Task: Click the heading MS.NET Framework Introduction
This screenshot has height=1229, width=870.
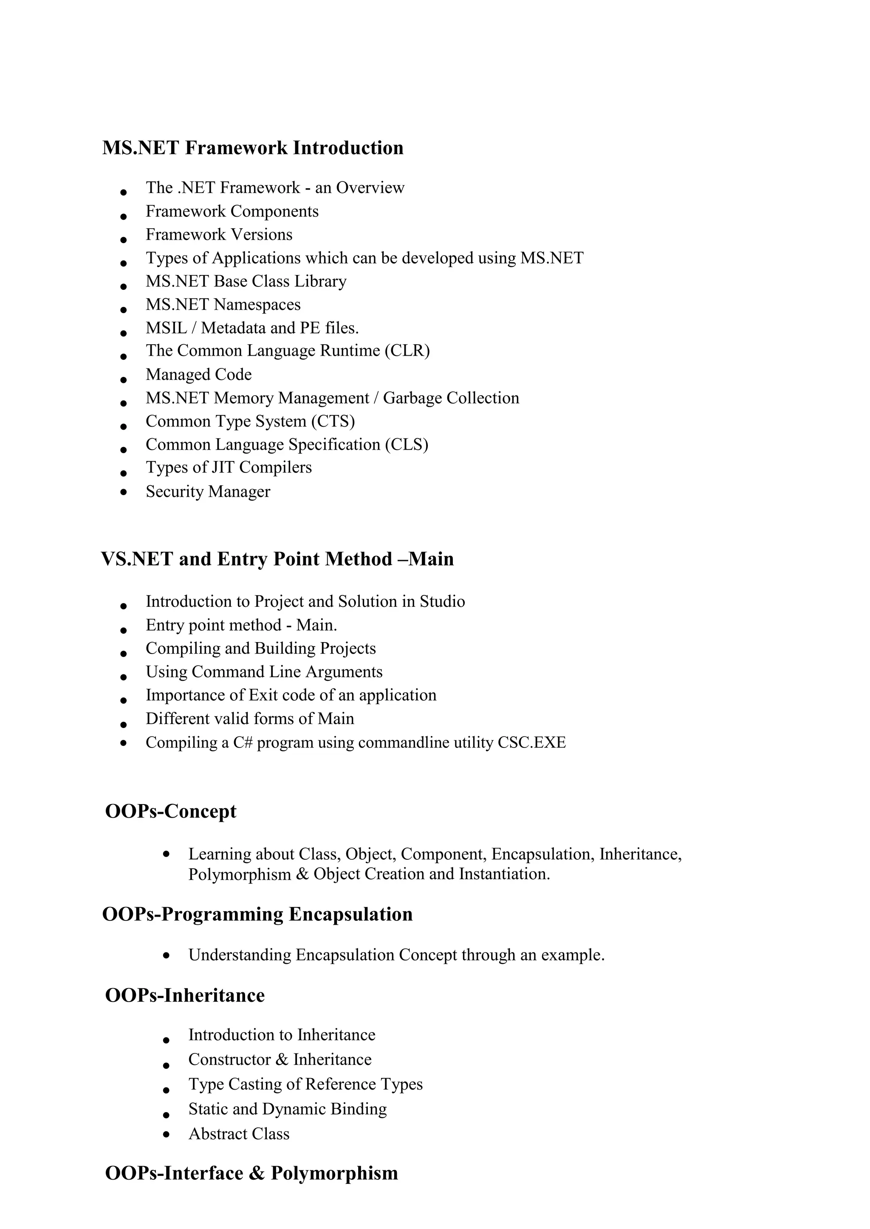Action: [252, 148]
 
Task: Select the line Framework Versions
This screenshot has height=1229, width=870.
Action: [219, 235]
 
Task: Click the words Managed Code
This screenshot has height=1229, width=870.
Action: [198, 375]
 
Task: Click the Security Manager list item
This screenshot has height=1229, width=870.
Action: [208, 492]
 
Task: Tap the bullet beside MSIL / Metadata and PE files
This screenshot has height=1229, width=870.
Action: [124, 333]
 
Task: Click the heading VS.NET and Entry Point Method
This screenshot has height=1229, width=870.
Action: [277, 559]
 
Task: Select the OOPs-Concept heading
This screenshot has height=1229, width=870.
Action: [170, 812]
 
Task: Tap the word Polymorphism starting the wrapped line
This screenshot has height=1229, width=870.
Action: [239, 874]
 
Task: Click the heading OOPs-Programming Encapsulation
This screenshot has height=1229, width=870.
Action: [257, 915]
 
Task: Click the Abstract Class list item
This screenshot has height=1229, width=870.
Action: [238, 1134]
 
